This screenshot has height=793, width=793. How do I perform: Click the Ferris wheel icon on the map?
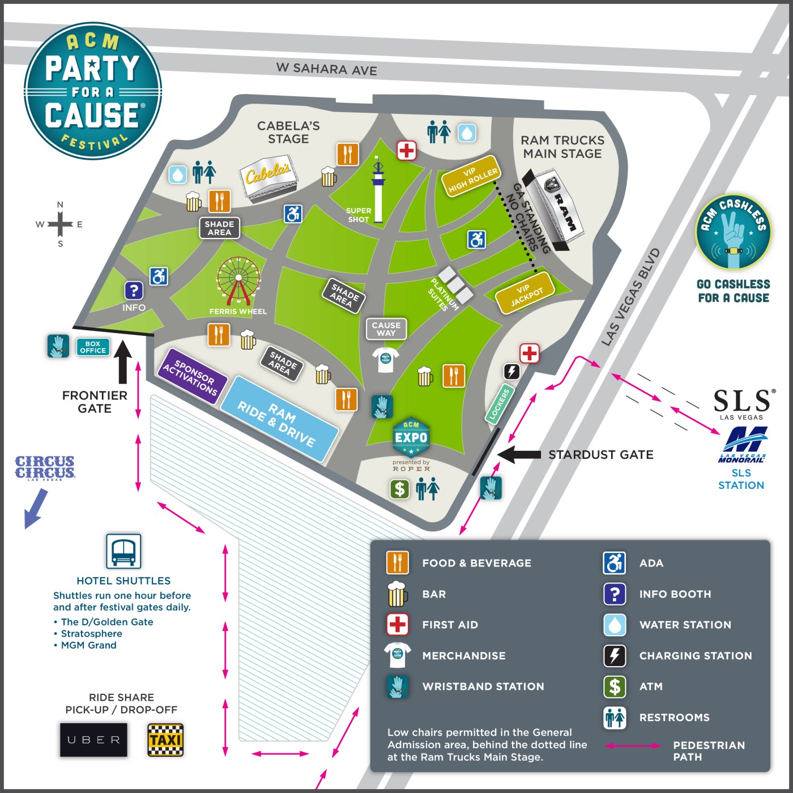pos(238,279)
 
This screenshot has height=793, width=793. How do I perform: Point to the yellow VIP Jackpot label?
pos(525,292)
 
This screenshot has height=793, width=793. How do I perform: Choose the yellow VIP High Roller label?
pos(471,176)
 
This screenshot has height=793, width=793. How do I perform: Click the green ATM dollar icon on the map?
pos(400,488)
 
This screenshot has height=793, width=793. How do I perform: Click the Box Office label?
pos(93,347)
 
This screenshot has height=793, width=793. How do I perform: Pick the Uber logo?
pos(94,740)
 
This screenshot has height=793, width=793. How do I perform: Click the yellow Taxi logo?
pos(165,740)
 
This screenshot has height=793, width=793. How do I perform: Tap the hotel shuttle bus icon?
pos(123,551)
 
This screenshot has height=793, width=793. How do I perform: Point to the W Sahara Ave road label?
pos(327,69)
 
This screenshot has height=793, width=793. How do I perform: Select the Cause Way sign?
pos(386,329)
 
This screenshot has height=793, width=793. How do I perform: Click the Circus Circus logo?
pos(45,468)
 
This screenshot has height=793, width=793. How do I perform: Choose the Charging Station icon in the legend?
pos(615,656)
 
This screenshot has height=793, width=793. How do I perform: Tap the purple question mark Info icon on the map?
pos(134,291)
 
